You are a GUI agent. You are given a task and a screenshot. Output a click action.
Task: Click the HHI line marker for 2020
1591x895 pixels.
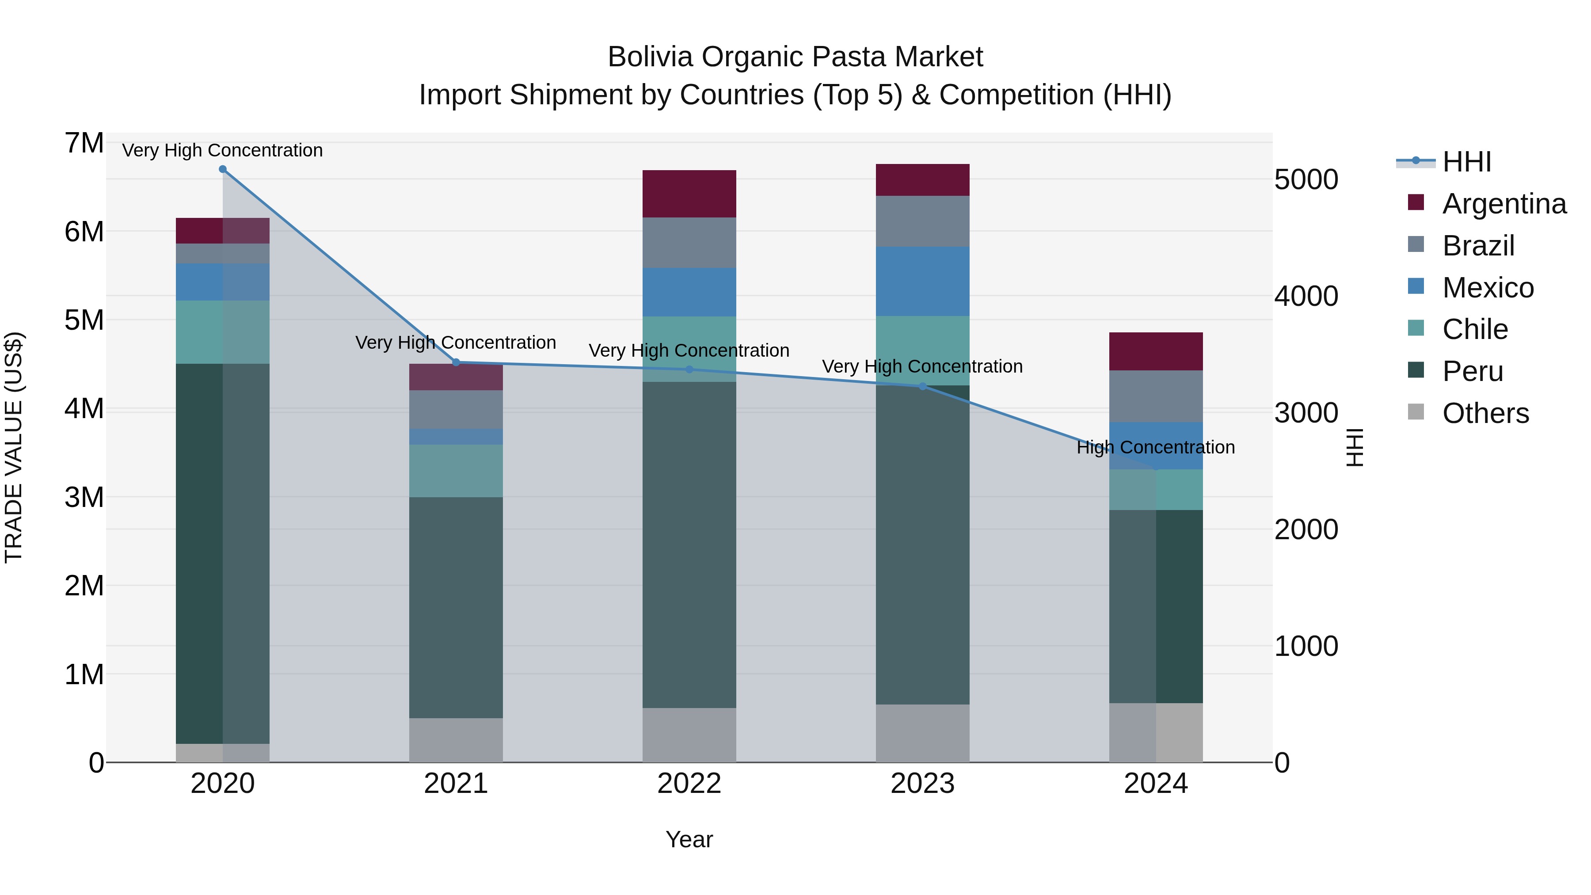coord(223,169)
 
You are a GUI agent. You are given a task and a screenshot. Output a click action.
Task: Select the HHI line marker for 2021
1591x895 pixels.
coord(457,362)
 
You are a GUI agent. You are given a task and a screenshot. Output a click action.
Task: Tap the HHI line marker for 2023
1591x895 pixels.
coord(923,387)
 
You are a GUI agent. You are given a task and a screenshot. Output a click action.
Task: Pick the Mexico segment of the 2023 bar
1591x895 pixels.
coord(923,281)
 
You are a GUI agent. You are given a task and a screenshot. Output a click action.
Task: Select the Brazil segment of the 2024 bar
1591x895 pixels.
coord(1156,396)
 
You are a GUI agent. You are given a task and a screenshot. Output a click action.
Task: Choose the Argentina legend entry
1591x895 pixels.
coord(1504,204)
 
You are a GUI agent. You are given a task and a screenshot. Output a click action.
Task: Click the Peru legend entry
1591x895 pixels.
coord(1473,371)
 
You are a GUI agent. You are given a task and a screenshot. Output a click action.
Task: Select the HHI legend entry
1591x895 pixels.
coord(1466,162)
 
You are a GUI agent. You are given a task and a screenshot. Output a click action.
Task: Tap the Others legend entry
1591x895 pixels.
coord(1485,413)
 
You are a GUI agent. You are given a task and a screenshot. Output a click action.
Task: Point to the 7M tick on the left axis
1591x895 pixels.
coord(84,143)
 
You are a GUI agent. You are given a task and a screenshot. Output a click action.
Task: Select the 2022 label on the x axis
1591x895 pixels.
coord(689,784)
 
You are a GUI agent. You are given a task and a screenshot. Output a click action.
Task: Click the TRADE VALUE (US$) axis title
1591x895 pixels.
coord(14,447)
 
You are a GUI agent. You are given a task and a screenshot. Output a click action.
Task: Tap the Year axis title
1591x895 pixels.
coord(689,839)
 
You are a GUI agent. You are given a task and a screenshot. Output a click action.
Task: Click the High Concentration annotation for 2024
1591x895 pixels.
coord(1156,447)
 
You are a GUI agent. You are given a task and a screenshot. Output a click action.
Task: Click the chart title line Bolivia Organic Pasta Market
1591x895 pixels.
coord(795,57)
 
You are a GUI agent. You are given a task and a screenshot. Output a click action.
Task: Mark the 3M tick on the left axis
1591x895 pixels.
coord(84,497)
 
